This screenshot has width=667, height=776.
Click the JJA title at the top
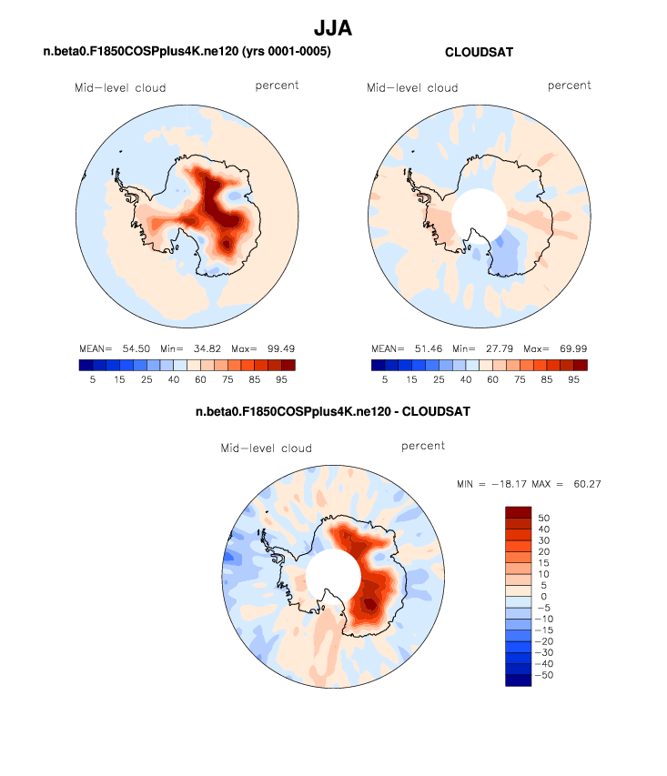pos(333,28)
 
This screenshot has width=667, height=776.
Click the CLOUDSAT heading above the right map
pos(479,53)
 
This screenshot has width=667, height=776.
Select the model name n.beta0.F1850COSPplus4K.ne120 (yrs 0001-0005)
pos(187,53)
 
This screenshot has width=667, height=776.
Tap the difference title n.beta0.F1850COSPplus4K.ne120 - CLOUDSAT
pos(333,412)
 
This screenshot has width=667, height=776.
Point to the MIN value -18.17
pos(512,483)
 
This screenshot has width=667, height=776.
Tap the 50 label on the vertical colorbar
pos(544,517)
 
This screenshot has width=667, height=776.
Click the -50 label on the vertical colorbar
pos(544,675)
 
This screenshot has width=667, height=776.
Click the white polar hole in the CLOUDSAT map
pos(479,216)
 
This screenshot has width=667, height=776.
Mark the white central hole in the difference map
pos(332,576)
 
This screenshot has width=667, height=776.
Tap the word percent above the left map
pos(277,86)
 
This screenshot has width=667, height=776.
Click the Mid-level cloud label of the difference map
pos(266,448)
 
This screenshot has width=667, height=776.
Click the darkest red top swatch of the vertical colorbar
pos(517,511)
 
